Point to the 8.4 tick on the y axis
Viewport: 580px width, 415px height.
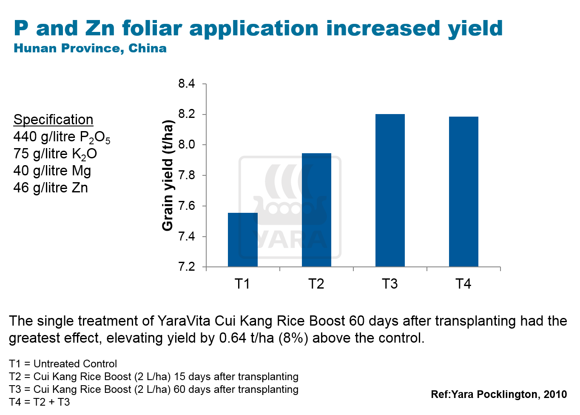(x=187, y=84)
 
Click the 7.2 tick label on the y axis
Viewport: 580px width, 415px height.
(x=187, y=267)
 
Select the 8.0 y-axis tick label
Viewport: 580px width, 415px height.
(x=187, y=145)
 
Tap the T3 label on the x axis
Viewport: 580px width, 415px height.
(x=390, y=284)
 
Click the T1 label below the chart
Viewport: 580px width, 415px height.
(x=242, y=284)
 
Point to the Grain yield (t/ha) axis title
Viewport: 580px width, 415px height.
(x=168, y=175)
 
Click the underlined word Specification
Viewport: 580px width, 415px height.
(x=53, y=120)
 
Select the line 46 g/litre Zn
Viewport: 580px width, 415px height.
(x=51, y=188)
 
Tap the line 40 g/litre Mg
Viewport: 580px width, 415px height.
(x=52, y=171)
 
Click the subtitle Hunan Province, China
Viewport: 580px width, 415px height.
(x=90, y=49)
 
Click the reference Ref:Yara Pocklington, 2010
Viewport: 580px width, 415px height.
(x=498, y=395)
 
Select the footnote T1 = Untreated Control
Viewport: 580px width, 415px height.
(x=63, y=364)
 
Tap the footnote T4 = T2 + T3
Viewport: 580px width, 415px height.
(x=40, y=402)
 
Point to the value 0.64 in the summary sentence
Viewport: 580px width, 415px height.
(x=233, y=338)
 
